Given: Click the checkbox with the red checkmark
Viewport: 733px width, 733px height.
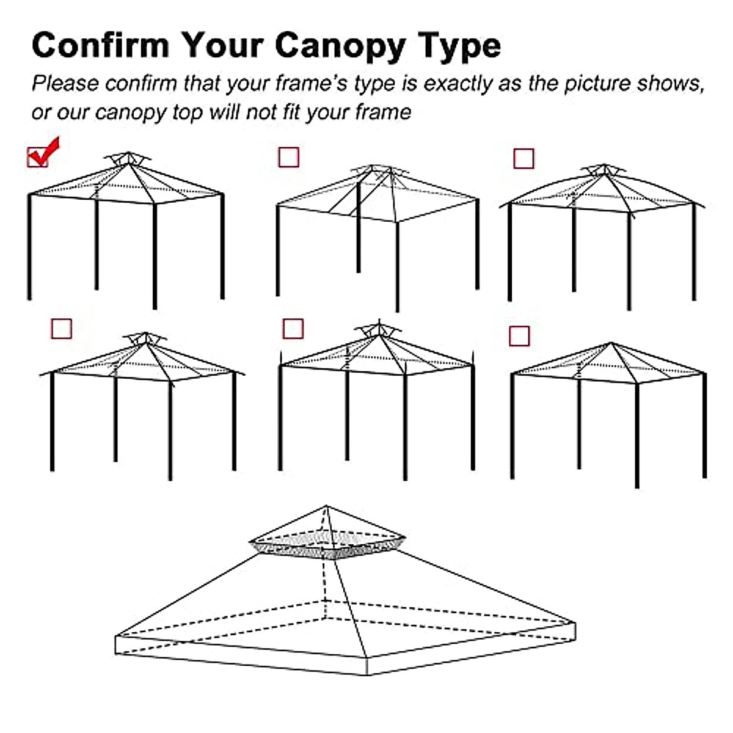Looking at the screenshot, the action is [x=38, y=157].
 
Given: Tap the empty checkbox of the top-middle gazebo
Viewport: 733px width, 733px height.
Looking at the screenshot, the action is [x=288, y=157].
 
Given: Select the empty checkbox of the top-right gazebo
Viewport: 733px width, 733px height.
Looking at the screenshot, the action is [x=523, y=159].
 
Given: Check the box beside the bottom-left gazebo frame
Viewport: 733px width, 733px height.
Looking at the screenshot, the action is [x=61, y=329].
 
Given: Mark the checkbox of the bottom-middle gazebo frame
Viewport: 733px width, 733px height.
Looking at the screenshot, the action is [x=293, y=329].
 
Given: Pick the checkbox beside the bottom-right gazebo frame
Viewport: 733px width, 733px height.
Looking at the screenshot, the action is [x=519, y=335].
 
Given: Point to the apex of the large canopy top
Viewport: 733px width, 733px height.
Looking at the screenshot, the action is [x=327, y=506].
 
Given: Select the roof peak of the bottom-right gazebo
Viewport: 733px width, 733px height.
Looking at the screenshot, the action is [x=611, y=343].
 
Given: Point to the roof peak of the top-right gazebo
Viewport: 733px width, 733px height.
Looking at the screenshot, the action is [x=604, y=172].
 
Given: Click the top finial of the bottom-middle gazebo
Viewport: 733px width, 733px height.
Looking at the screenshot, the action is [x=379, y=323].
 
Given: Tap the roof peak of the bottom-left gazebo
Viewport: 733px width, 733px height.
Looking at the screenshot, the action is [x=145, y=340].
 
